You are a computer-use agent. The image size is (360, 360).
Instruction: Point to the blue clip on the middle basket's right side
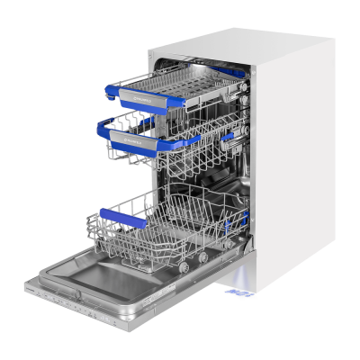coord(229,136)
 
